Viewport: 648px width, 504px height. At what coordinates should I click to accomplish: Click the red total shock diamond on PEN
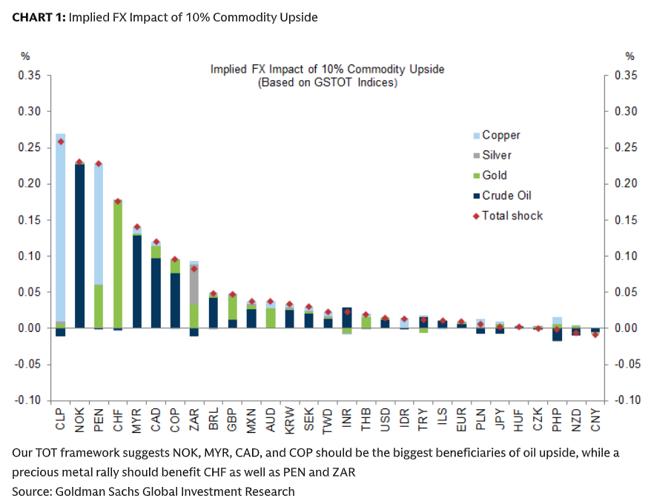coord(99,164)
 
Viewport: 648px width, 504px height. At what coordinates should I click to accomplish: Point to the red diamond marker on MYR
coord(137,228)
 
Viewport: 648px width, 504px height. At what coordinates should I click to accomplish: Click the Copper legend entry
coord(500,135)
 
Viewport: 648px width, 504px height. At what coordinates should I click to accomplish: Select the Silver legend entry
coord(496,156)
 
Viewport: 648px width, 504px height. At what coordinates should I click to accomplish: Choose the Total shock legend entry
coord(512,216)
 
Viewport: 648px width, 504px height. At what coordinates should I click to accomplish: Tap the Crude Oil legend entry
coord(506,196)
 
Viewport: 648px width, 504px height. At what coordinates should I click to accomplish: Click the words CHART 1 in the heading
coord(38,17)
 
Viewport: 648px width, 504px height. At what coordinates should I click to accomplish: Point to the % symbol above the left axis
coord(25,56)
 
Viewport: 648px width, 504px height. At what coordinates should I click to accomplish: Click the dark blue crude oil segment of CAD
coord(156,293)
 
